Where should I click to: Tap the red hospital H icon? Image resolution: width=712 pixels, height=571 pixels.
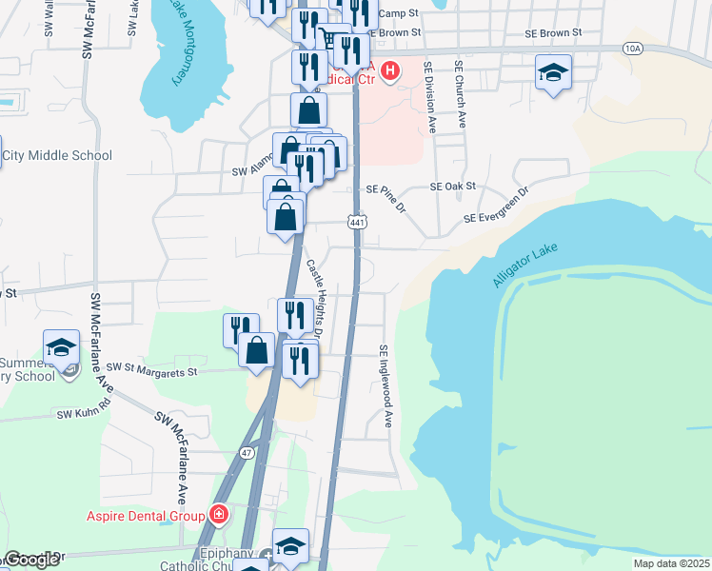pos(388,69)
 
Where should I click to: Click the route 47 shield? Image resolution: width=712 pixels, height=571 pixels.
pos(247,452)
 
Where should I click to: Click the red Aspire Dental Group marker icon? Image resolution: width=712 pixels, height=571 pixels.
pos(219,515)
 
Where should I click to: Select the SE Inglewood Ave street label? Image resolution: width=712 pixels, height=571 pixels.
pos(386,385)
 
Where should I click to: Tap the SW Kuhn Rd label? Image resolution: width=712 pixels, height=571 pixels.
pos(84,413)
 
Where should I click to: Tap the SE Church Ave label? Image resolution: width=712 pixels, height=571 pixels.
pos(460,95)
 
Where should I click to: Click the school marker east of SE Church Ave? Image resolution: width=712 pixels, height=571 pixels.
pos(552,72)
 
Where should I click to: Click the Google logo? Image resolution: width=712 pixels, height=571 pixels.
pos(31,560)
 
